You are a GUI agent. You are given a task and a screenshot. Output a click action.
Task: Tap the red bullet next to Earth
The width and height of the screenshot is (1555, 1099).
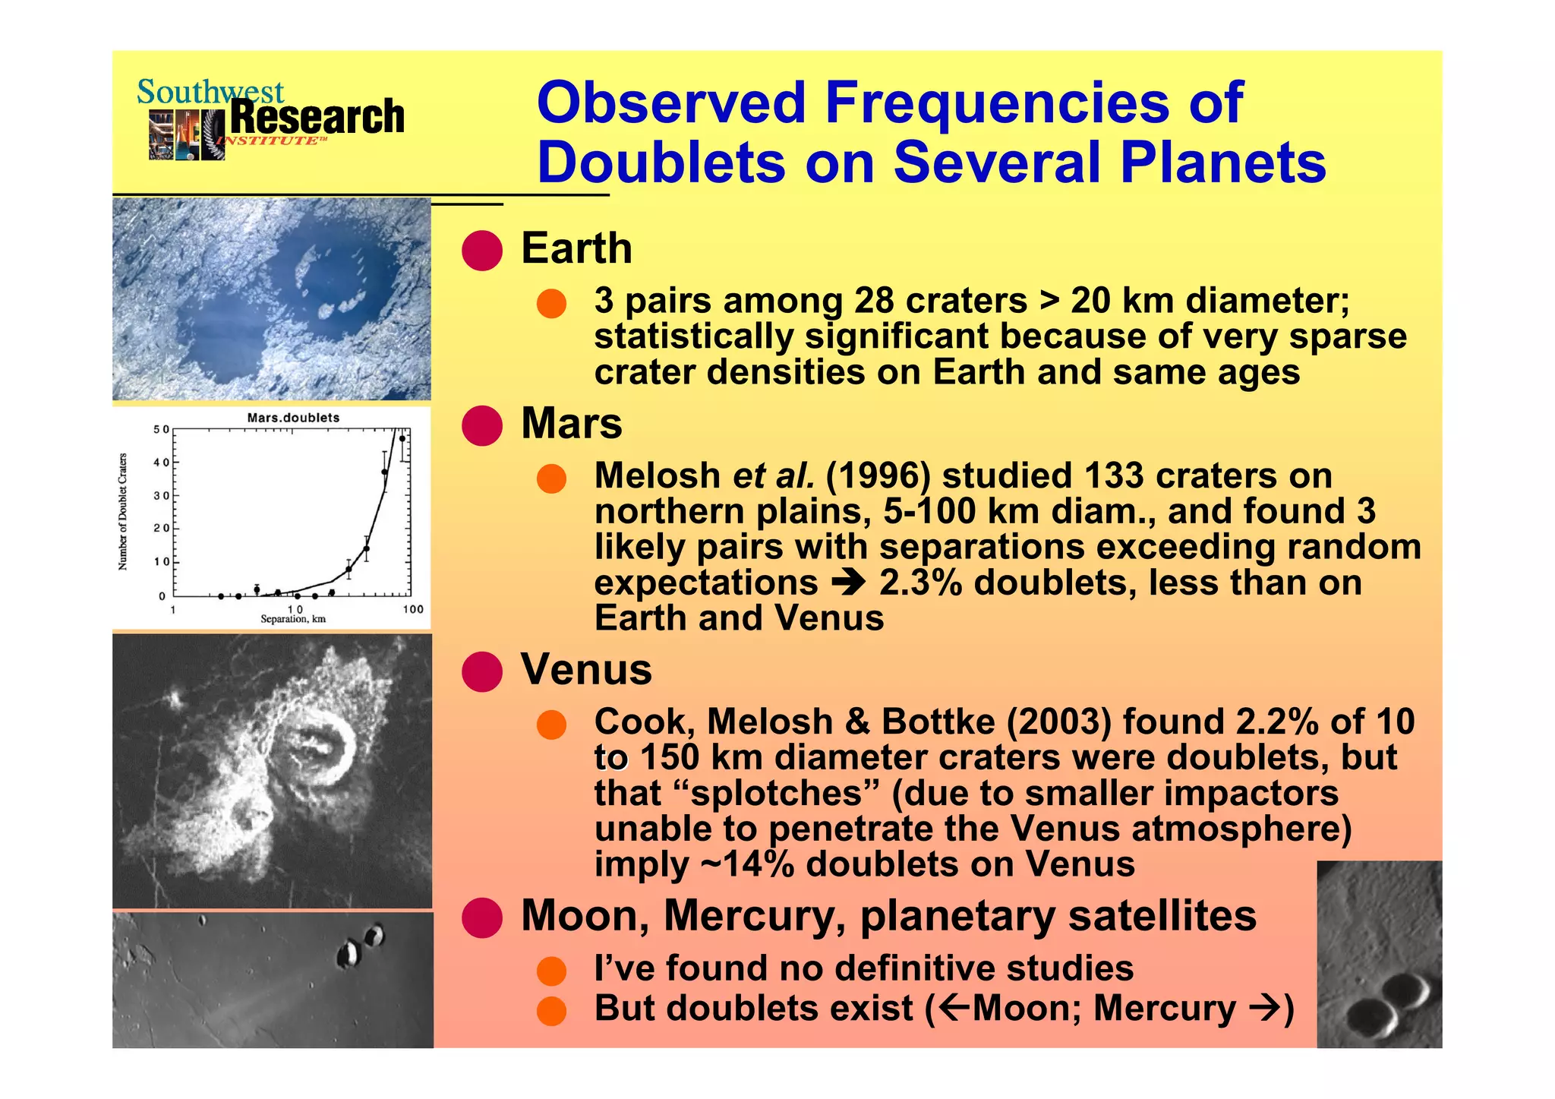click(x=482, y=250)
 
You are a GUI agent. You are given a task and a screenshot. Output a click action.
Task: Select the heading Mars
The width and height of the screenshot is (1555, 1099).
click(x=571, y=423)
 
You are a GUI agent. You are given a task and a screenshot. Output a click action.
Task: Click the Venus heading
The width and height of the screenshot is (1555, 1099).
click(x=586, y=669)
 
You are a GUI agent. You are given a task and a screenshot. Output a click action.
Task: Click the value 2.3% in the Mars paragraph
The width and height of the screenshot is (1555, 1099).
click(x=920, y=583)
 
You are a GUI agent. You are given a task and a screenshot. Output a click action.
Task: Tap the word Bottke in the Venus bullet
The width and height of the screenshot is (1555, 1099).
click(x=938, y=722)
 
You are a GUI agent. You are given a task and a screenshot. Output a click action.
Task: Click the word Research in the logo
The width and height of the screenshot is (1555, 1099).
click(x=317, y=118)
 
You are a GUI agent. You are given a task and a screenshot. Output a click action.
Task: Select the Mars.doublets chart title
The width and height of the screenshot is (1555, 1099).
click(x=293, y=418)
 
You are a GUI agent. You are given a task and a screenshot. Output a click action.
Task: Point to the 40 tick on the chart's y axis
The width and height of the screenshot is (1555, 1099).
click(x=161, y=463)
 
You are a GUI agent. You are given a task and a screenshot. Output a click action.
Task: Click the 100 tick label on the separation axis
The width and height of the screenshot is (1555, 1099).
click(x=413, y=609)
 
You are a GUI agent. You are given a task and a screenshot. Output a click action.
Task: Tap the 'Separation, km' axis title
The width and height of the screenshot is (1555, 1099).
click(x=293, y=620)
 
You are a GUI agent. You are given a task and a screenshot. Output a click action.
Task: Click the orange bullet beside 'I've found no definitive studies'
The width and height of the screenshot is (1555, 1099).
click(x=551, y=971)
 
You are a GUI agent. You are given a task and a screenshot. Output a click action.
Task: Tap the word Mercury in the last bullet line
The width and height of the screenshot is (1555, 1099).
click(x=1164, y=1009)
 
